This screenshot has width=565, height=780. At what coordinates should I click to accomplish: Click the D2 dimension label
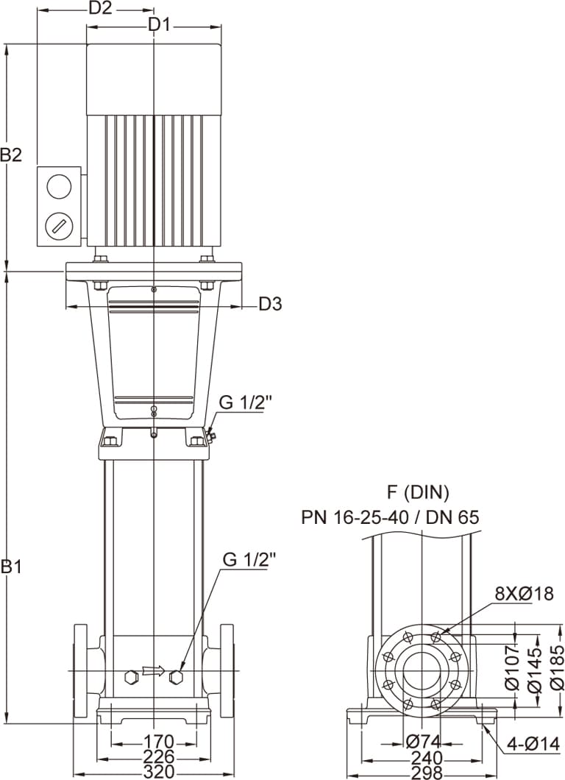(x=100, y=8)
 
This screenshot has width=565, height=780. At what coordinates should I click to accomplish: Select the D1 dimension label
(x=159, y=24)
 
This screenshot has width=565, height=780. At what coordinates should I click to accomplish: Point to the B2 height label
(x=11, y=155)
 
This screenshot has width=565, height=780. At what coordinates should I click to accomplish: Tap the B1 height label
(x=11, y=566)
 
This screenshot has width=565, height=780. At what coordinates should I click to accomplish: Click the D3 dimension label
(x=270, y=303)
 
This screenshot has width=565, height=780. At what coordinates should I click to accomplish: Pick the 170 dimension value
(x=158, y=741)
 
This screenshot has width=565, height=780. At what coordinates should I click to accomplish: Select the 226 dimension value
(x=158, y=756)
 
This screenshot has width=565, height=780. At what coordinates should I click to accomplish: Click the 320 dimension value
(x=158, y=772)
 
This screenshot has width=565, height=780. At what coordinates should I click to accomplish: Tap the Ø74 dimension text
(x=423, y=742)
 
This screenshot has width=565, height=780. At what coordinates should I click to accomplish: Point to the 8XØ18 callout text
(x=524, y=593)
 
